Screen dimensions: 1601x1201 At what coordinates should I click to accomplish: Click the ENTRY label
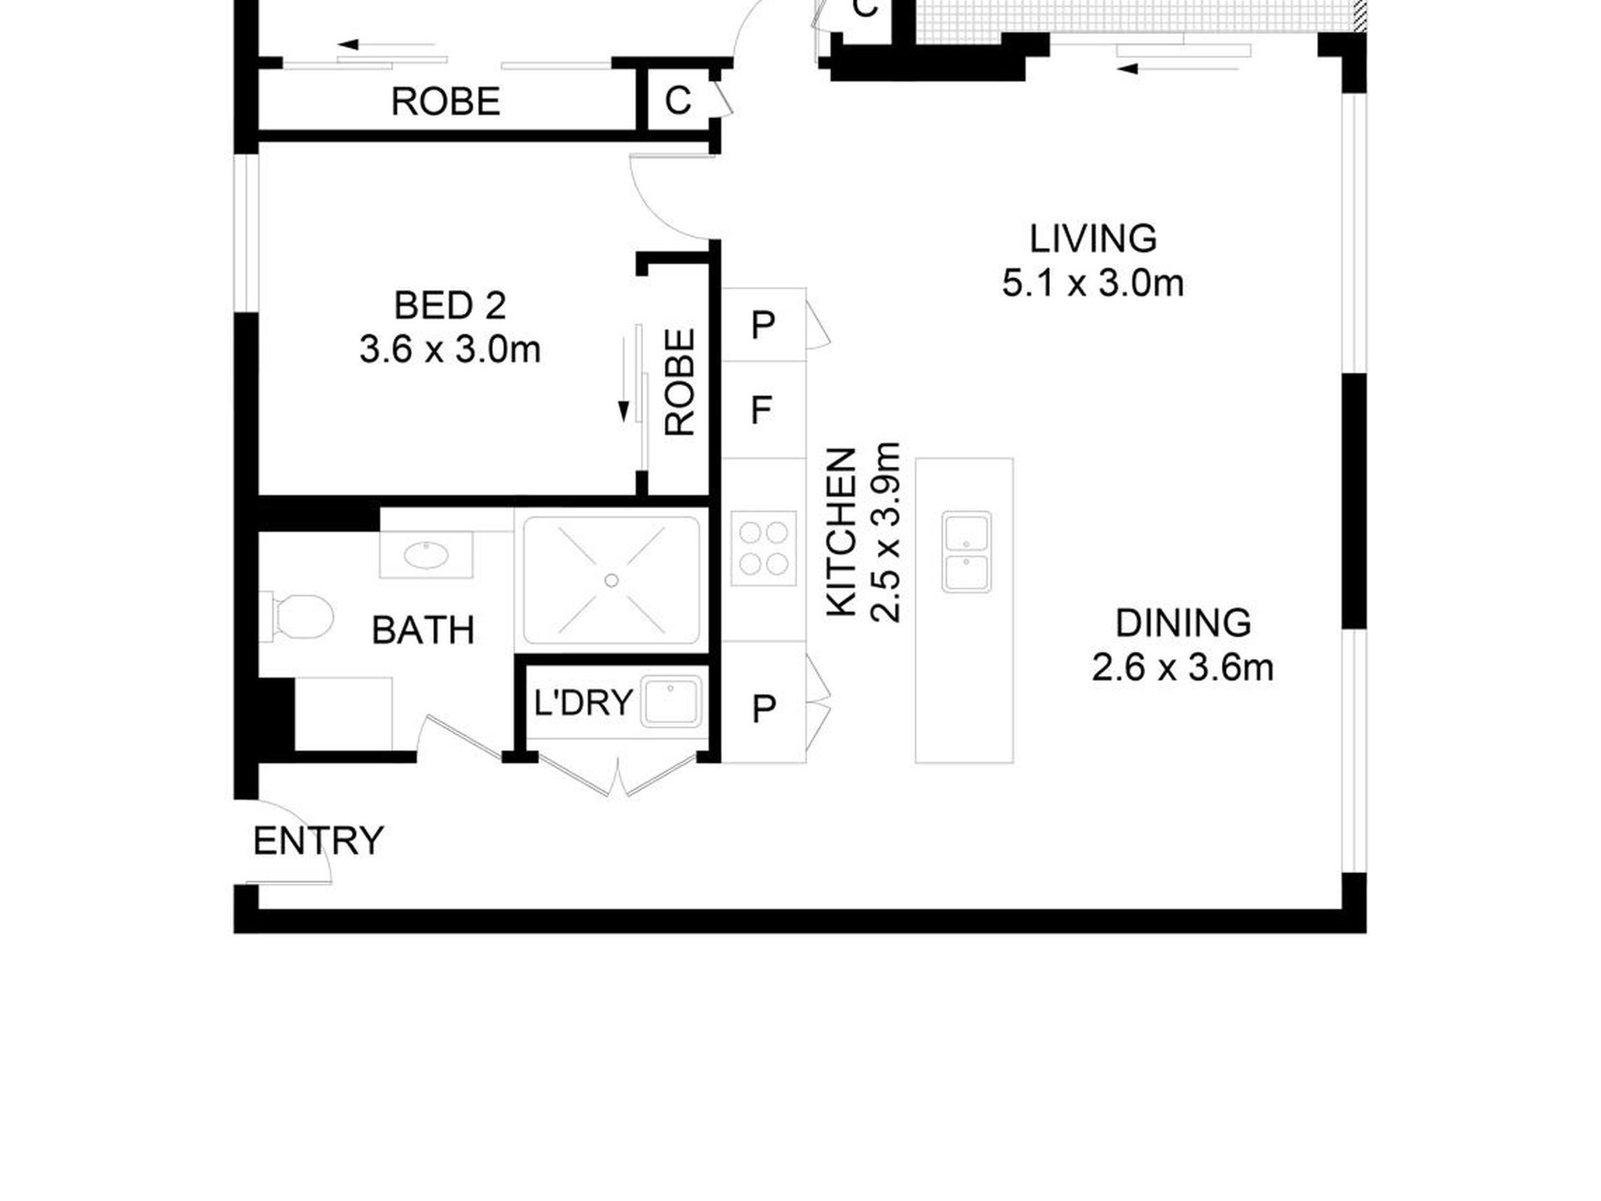click(x=319, y=841)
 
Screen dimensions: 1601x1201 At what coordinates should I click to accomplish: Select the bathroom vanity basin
click(x=426, y=555)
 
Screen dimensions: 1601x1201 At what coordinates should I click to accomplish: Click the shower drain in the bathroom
click(x=612, y=580)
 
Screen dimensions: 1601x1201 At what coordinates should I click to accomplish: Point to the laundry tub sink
click(x=671, y=701)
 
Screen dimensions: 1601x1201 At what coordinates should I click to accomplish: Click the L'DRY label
click(x=583, y=702)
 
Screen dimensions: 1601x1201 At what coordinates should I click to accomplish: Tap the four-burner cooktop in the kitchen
click(x=763, y=548)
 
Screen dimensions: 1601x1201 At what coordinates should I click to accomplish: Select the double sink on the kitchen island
click(x=966, y=551)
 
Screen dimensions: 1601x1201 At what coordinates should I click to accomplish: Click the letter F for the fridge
click(x=761, y=411)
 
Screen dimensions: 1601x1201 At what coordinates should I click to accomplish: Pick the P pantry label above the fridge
click(x=763, y=324)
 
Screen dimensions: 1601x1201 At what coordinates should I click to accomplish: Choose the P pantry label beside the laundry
click(x=763, y=709)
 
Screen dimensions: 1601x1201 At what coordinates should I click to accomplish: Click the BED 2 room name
click(x=450, y=305)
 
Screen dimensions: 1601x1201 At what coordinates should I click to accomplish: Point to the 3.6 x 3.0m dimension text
click(x=450, y=349)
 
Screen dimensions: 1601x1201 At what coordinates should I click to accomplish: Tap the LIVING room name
click(x=1093, y=239)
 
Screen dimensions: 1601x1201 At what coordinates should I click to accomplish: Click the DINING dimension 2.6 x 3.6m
click(x=1183, y=668)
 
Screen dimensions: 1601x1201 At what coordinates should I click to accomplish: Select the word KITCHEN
click(x=842, y=533)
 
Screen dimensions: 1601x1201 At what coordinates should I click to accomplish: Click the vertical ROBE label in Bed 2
click(x=680, y=382)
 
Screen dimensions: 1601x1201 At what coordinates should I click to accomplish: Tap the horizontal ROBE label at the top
click(x=446, y=102)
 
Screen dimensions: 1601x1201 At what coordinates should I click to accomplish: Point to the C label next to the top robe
click(x=677, y=100)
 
